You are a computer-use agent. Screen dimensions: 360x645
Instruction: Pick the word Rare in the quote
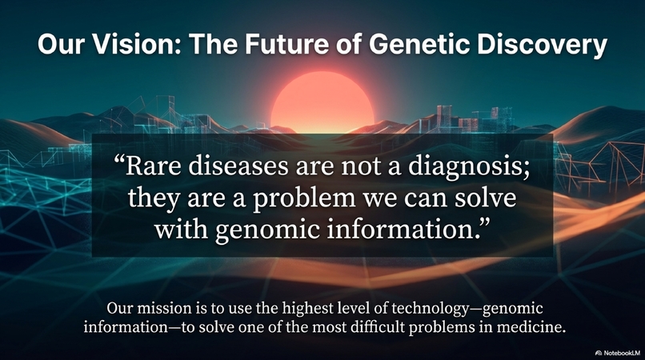150,170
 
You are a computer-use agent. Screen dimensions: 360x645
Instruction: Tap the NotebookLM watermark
617,352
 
